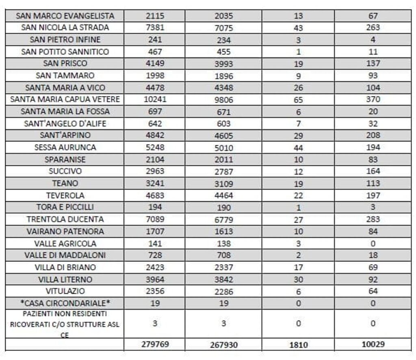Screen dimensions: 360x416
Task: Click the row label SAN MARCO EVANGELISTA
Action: (x=65, y=16)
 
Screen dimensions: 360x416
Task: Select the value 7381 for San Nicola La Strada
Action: (x=154, y=28)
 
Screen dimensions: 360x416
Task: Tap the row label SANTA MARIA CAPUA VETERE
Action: (x=65, y=100)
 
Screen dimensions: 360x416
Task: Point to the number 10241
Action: (x=154, y=100)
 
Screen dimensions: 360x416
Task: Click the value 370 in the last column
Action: (x=373, y=100)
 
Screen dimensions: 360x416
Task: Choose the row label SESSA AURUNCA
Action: (x=65, y=147)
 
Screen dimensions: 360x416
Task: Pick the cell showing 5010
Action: (x=223, y=147)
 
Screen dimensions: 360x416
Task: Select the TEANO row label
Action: (x=65, y=183)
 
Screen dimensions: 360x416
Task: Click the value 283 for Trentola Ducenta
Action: (x=373, y=219)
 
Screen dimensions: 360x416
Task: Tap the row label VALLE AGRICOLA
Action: (x=65, y=243)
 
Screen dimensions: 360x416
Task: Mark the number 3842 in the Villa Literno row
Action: (x=223, y=280)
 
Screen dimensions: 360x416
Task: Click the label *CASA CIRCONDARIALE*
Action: (x=65, y=303)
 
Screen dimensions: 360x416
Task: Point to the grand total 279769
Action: (x=154, y=344)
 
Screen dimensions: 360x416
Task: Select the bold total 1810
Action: (x=298, y=344)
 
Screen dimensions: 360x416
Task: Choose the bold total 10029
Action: (x=373, y=344)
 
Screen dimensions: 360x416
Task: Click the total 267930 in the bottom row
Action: (x=223, y=344)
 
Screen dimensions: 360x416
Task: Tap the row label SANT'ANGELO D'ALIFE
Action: (x=65, y=124)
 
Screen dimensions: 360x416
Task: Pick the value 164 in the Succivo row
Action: (x=373, y=171)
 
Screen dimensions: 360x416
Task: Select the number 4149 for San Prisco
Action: (x=154, y=63)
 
